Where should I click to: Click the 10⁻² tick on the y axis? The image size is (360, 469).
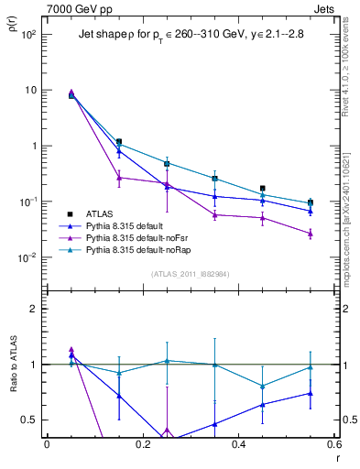pos(27,257)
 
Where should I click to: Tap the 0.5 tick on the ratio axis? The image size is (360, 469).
pos(29,420)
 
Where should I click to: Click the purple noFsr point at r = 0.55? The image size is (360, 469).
pos(311,234)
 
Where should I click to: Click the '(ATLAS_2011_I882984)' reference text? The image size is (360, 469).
pos(190,274)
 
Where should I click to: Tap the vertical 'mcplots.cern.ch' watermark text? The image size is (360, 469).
pos(351,211)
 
